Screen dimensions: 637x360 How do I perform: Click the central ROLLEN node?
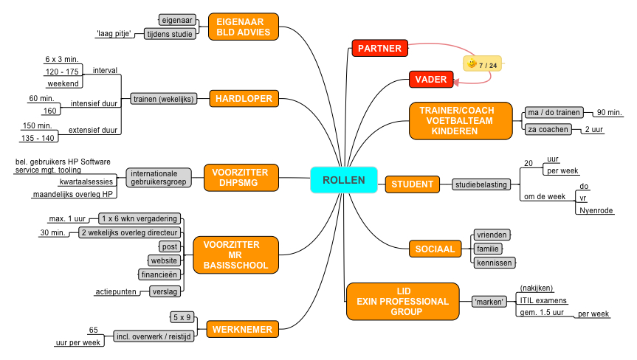pyautogui.click(x=344, y=180)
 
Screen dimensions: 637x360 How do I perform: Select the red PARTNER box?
pyautogui.click(x=379, y=48)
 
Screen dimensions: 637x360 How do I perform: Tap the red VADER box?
pyautogui.click(x=430, y=79)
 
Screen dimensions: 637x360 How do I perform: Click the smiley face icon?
pyautogui.click(x=472, y=63)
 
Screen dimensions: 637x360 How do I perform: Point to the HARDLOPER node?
pyautogui.click(x=244, y=99)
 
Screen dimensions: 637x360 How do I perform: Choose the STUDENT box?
pyautogui.click(x=412, y=184)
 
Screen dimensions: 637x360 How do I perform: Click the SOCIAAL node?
pyautogui.click(x=435, y=249)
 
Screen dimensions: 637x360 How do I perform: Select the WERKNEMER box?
pyautogui.click(x=243, y=329)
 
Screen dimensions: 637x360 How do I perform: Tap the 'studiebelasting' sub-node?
pyautogui.click(x=481, y=184)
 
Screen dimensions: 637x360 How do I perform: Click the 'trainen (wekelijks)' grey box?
pyautogui.click(x=164, y=99)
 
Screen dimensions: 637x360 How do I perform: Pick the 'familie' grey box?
pyautogui.click(x=487, y=249)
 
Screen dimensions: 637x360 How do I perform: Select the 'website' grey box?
pyautogui.click(x=164, y=260)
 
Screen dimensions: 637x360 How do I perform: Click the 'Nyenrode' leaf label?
pyautogui.click(x=596, y=210)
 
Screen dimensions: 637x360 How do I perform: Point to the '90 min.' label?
pyautogui.click(x=610, y=112)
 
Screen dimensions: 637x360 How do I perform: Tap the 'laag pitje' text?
pyautogui.click(x=114, y=34)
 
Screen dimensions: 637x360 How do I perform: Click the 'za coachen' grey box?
pyautogui.click(x=548, y=130)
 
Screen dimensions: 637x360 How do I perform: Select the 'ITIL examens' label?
pyautogui.click(x=543, y=300)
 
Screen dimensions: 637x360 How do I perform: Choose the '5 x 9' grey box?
pyautogui.click(x=182, y=317)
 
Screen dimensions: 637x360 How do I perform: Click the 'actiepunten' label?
pyautogui.click(x=116, y=291)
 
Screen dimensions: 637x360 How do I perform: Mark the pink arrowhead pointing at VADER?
pyautogui.click(x=456, y=82)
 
